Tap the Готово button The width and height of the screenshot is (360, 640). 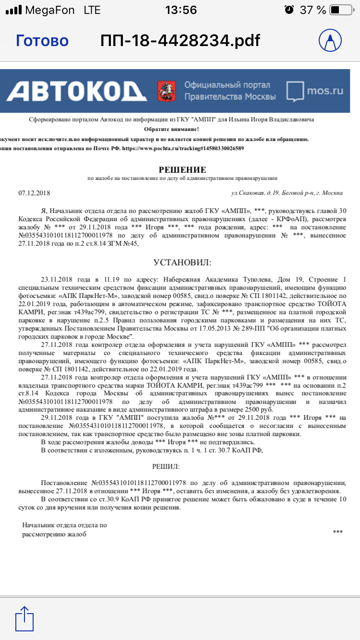42,41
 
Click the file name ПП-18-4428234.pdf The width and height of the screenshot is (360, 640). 180,41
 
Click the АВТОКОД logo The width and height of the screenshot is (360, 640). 77,90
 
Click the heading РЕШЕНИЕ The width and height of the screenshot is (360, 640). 182,170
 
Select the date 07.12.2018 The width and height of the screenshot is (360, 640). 34,193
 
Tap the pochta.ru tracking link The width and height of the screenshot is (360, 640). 183,148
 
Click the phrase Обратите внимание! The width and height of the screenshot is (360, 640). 171,130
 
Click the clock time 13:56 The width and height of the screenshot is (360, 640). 180,10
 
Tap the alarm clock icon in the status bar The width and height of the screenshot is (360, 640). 289,10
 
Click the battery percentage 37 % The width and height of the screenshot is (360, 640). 313,10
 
